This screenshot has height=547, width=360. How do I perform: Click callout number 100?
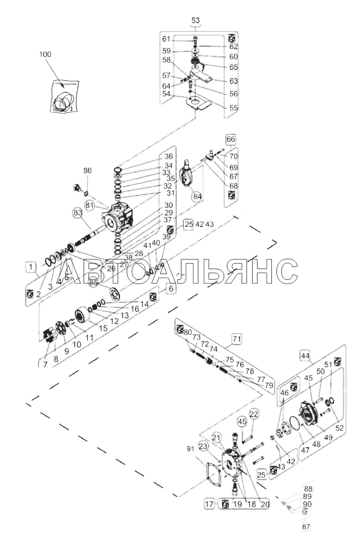coord(45,54)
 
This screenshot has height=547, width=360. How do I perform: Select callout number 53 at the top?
coord(196,20)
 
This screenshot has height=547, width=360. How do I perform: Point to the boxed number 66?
coord(231,139)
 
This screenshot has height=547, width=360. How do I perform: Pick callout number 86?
coord(87,170)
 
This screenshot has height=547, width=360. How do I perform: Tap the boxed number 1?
coord(30,266)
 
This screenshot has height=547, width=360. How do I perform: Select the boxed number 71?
coord(236,339)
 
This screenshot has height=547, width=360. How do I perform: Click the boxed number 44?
coord(304,355)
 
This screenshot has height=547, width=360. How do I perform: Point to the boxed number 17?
coord(209,505)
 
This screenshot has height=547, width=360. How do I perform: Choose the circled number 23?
coord(204,445)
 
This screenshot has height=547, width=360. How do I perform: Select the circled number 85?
coord(94,283)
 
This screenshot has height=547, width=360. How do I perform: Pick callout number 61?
coord(179,38)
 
